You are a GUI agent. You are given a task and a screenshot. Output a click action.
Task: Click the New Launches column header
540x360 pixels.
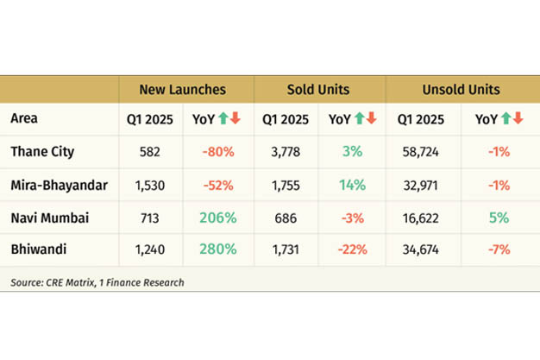(183, 89)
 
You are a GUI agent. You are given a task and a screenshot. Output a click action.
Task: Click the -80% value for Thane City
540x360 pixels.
(219, 151)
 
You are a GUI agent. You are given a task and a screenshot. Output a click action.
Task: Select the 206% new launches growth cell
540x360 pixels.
(219, 217)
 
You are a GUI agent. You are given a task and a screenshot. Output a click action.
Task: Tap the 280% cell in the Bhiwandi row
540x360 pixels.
(219, 249)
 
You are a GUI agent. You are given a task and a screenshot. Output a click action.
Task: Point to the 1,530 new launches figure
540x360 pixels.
(150, 184)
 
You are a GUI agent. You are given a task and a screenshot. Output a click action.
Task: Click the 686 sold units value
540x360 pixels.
(285, 217)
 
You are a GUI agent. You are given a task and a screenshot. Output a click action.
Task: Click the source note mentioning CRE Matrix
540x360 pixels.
(97, 281)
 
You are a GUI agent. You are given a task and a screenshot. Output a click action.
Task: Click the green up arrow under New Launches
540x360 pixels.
(223, 118)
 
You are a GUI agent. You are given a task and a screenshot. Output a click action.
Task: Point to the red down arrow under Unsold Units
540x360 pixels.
(518, 118)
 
